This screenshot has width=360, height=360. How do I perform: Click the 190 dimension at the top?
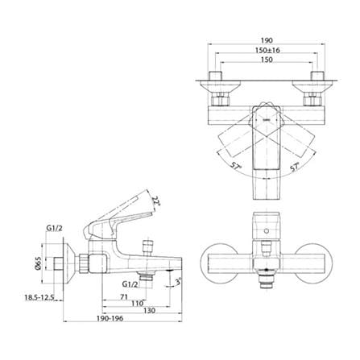pyautogui.click(x=267, y=40)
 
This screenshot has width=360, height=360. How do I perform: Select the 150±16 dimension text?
pyautogui.click(x=267, y=50)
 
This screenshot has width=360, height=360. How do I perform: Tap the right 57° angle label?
pyautogui.click(x=295, y=167)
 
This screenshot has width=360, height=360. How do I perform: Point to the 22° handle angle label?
pyautogui.click(x=155, y=201)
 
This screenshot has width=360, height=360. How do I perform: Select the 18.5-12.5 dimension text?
pyautogui.click(x=39, y=297)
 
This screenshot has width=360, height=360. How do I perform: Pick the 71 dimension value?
pyautogui.click(x=124, y=297)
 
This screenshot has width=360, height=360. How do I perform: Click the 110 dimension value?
pyautogui.click(x=137, y=304)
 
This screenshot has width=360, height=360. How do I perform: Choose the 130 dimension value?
pyautogui.click(x=150, y=311)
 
